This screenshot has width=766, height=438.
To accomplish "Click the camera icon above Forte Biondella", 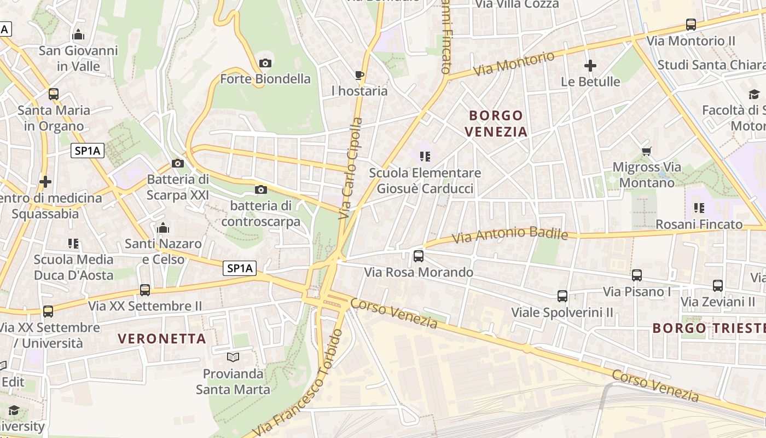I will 265,64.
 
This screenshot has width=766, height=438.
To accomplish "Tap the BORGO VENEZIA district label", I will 496,124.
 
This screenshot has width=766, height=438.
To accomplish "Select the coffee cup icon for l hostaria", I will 359,75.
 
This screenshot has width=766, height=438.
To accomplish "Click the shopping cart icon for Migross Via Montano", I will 646,151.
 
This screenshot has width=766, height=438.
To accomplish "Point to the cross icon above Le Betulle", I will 590,66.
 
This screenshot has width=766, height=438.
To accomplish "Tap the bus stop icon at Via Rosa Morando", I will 419,256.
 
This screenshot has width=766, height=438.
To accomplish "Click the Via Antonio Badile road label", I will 510,235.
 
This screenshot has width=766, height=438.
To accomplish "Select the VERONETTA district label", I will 162,339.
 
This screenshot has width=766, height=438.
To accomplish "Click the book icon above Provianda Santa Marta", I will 233,358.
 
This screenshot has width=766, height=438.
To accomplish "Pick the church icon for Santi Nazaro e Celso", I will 163,228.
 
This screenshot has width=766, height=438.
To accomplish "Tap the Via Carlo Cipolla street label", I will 351,169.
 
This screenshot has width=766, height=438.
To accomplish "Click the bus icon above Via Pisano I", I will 637,275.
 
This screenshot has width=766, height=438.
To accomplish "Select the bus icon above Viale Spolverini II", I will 562,296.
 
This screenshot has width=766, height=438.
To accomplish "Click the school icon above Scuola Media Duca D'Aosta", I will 73,244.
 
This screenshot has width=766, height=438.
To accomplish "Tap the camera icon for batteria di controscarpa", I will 261,190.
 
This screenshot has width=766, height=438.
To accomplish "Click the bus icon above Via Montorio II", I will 691,25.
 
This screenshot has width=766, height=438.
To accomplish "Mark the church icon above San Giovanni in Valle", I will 78,36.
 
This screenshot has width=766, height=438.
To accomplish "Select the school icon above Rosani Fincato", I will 699,208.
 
